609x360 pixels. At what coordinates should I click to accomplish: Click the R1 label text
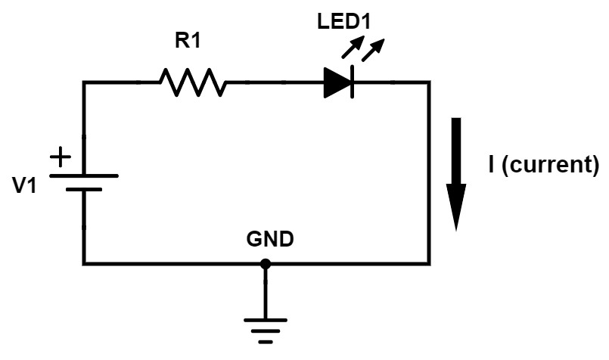(188, 41)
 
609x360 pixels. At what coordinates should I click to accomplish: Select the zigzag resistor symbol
(192, 82)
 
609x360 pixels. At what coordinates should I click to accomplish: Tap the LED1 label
(343, 21)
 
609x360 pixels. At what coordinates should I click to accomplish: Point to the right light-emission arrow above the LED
(370, 51)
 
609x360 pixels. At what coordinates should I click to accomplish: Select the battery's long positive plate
(83, 175)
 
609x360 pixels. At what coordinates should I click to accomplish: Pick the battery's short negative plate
(83, 189)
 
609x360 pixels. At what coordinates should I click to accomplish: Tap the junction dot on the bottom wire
(265, 264)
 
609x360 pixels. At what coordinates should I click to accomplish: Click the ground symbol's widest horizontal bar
(265, 320)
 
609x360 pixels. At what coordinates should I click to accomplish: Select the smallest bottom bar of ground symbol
(265, 342)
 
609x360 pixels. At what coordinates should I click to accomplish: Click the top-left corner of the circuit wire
(84, 82)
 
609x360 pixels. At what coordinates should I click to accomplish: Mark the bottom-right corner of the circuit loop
(429, 263)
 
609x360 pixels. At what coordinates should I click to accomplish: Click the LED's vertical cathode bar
(353, 82)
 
